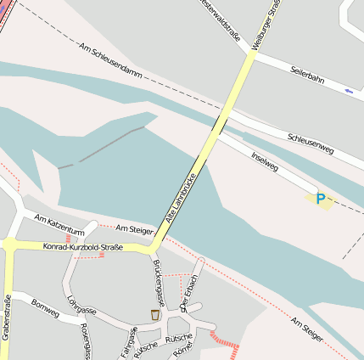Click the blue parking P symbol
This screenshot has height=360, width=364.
pyautogui.click(x=320, y=199)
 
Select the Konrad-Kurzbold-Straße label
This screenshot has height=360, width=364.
pyautogui.click(x=82, y=247)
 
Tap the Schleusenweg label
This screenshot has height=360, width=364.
pyautogui.click(x=311, y=143)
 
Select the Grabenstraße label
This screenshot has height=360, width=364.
pyautogui.click(x=7, y=317)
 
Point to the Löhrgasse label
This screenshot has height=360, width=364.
pyautogui.click(x=81, y=305)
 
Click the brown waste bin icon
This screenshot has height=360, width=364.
pyautogui.click(x=154, y=315)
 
